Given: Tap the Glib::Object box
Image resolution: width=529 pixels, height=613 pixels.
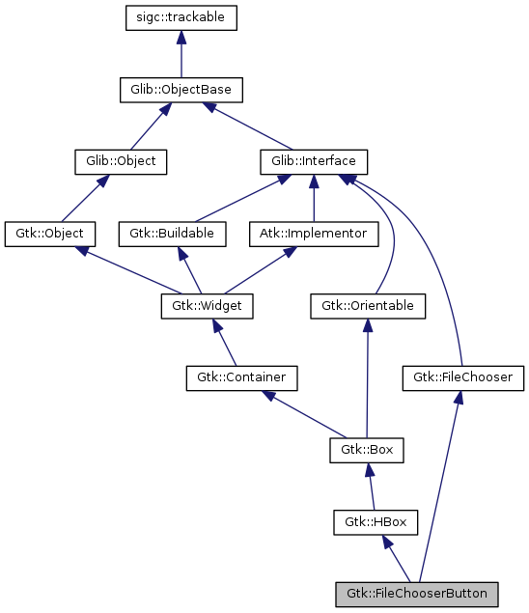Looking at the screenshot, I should point(121,160).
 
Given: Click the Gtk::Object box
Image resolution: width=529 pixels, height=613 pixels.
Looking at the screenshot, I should point(50,233).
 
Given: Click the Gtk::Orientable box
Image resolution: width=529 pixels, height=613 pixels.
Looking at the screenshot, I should point(368,306).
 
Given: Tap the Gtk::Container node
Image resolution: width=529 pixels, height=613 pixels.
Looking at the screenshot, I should point(241,376).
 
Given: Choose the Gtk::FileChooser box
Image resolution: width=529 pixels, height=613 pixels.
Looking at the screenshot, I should point(462,376).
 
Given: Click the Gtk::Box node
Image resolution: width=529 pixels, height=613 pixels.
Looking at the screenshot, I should point(367,449).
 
